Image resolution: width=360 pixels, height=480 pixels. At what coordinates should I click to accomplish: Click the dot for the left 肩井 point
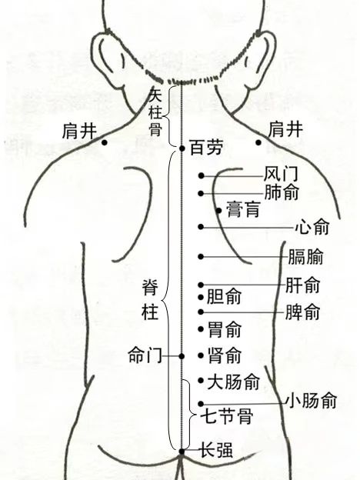pyautogui.click(x=105, y=142)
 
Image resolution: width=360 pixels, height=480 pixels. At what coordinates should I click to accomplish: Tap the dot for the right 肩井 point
pyautogui.click(x=258, y=142)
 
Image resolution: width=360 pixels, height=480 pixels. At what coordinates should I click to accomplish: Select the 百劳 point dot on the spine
pyautogui.click(x=182, y=148)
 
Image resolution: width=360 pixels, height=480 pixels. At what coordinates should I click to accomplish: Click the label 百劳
pyautogui.click(x=205, y=147)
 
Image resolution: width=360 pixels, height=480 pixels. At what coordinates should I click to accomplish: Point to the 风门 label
pyautogui.click(x=281, y=174)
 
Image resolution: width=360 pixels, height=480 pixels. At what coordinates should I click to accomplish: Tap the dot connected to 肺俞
pyautogui.click(x=201, y=194)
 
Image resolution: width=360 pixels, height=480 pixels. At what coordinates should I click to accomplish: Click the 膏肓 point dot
pyautogui.click(x=219, y=211)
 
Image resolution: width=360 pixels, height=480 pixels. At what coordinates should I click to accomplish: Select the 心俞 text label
pyautogui.click(x=312, y=227)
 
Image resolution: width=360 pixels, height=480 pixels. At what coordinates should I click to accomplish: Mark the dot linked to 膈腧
pyautogui.click(x=201, y=256)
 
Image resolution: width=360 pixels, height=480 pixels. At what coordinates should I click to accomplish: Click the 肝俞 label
pyautogui.click(x=302, y=285)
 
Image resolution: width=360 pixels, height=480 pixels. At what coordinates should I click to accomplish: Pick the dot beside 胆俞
pyautogui.click(x=201, y=297)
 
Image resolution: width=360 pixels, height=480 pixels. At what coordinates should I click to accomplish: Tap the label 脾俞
pyautogui.click(x=302, y=312)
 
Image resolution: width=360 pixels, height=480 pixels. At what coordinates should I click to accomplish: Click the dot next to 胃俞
pyautogui.click(x=201, y=329)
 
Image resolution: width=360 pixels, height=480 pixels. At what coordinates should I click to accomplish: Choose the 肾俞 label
pyautogui.click(x=225, y=355)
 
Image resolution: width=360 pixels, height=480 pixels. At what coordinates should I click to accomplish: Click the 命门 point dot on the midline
pyautogui.click(x=182, y=356)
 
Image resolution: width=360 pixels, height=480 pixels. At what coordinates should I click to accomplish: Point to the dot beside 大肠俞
pyautogui.click(x=201, y=381)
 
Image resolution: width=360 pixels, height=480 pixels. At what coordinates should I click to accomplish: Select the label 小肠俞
pyautogui.click(x=312, y=401)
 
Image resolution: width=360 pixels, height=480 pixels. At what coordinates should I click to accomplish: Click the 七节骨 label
pyautogui.click(x=226, y=416)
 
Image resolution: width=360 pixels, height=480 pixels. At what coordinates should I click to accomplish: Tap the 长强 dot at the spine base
pyautogui.click(x=182, y=452)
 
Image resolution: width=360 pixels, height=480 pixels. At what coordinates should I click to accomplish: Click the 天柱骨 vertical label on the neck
pyautogui.click(x=155, y=112)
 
